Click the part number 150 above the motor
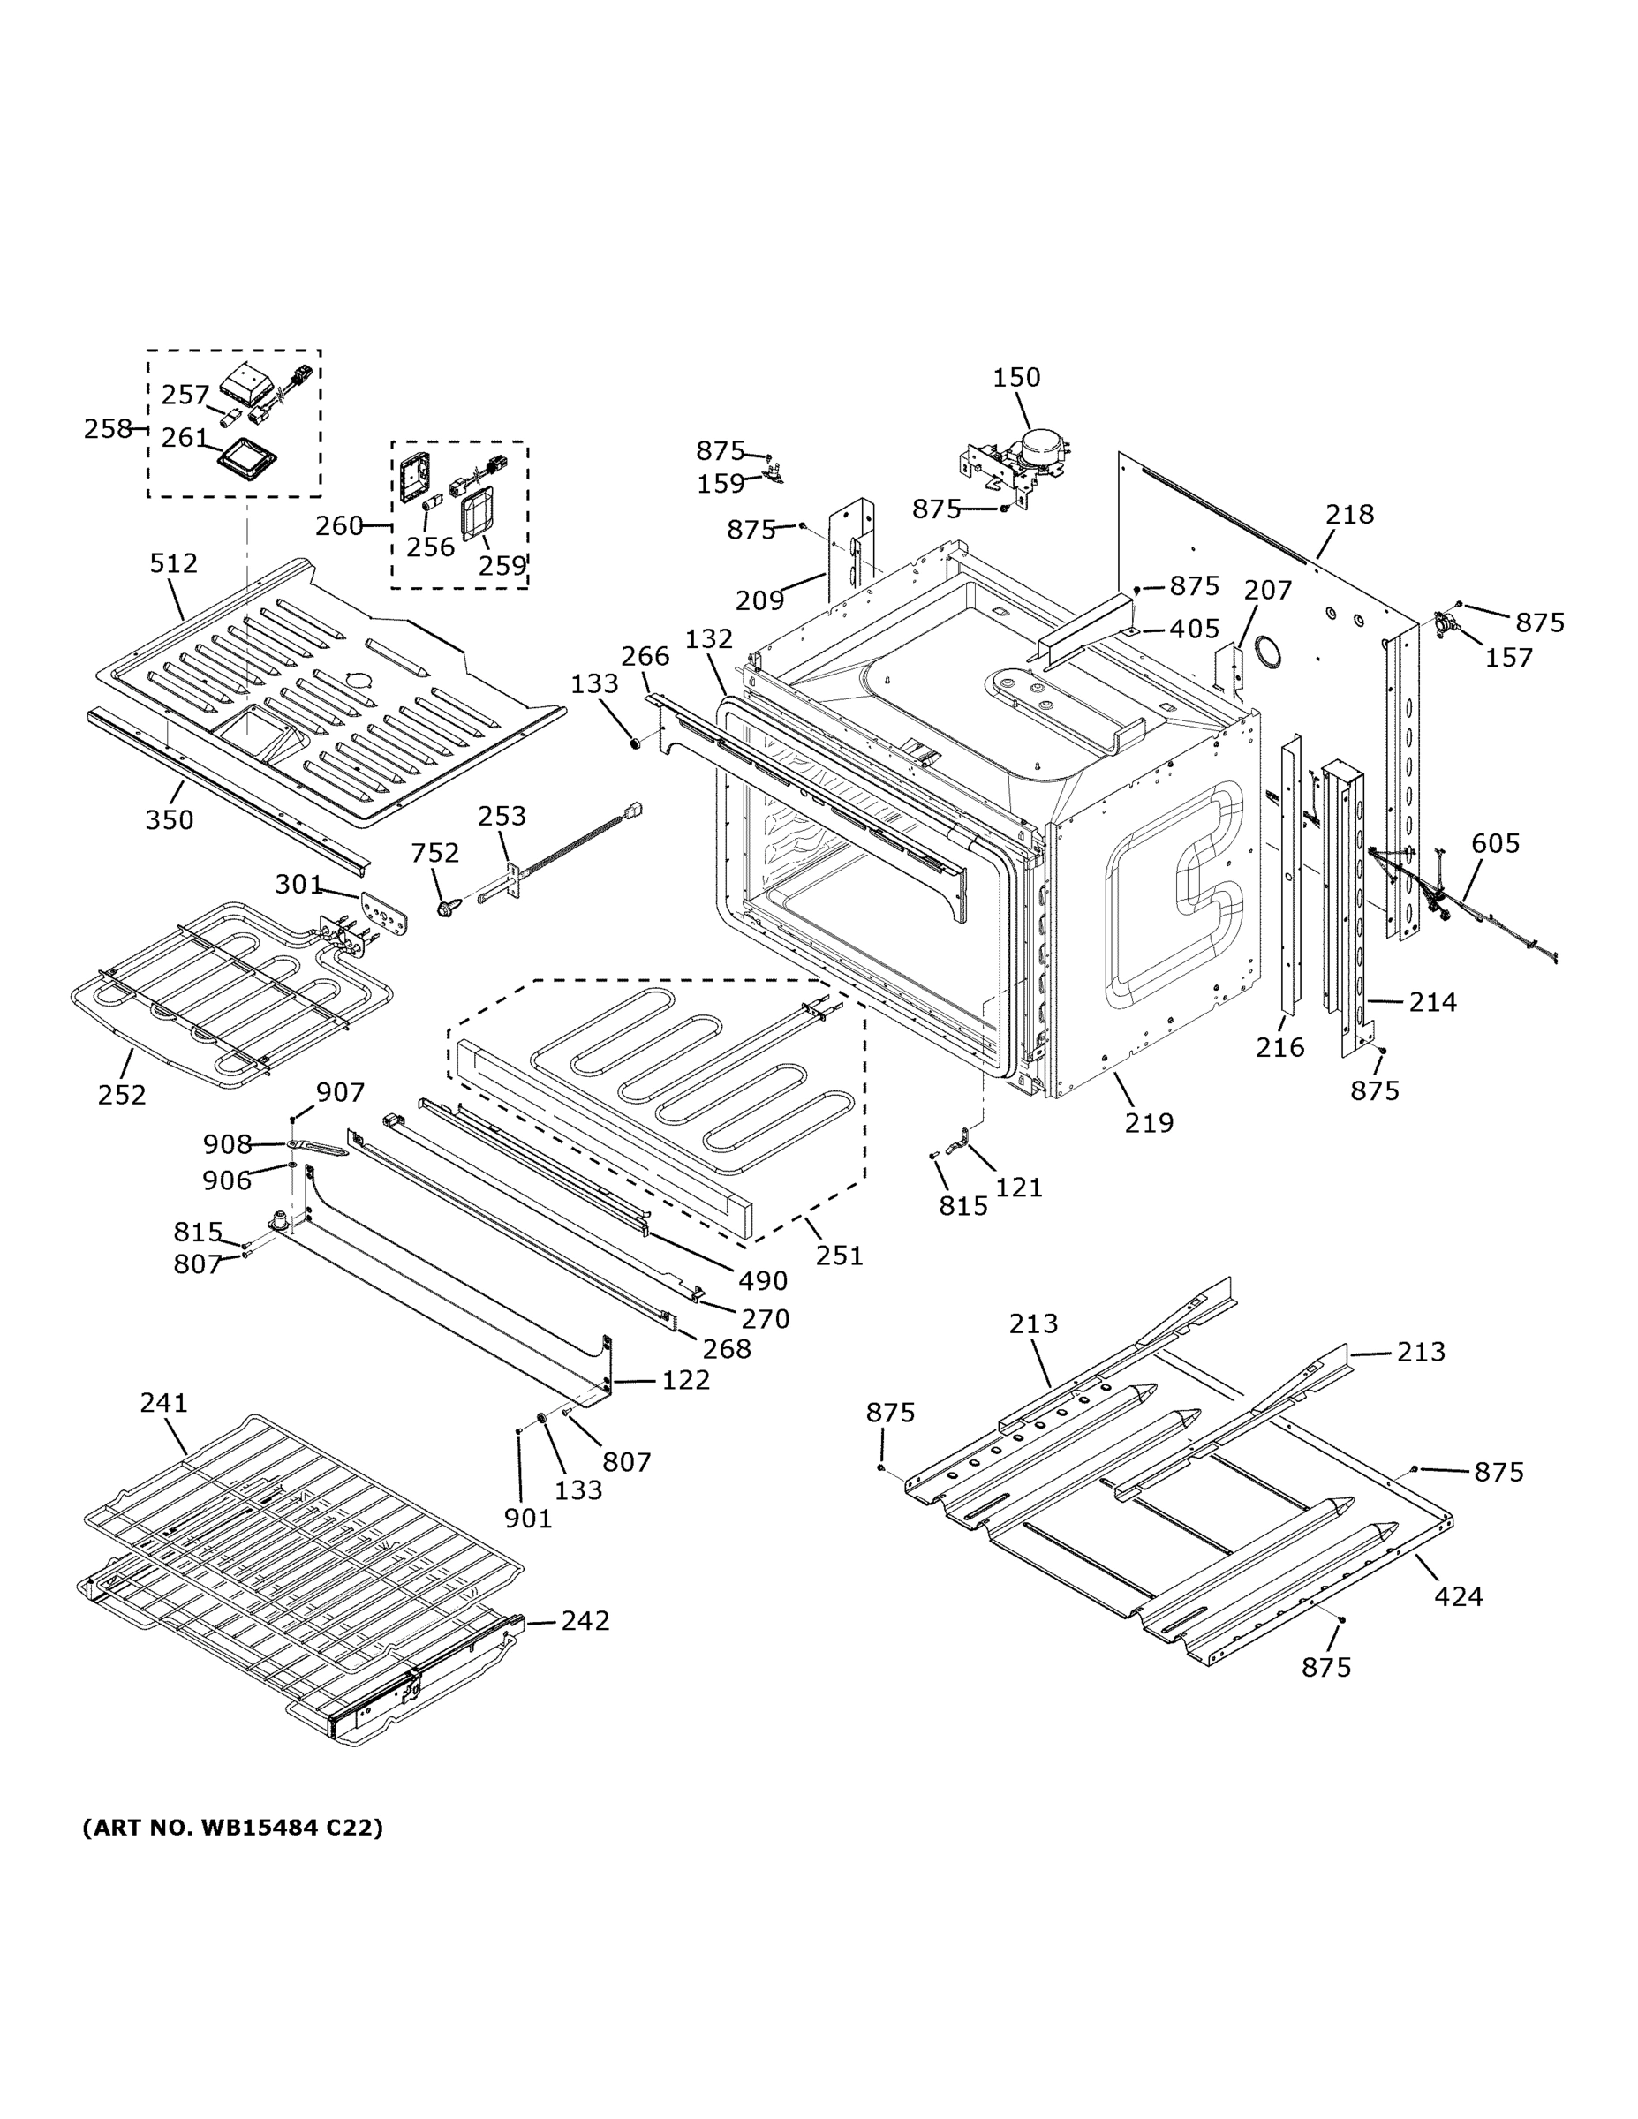pos(1016,376)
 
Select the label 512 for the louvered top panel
pos(173,562)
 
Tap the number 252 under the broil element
pos(121,1095)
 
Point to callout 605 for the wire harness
pos(1494,843)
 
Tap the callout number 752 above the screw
pos(434,853)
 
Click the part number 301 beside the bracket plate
pos(298,884)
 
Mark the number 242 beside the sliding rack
pos(585,1621)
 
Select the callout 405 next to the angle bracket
pos(1194,629)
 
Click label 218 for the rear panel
pos(1349,514)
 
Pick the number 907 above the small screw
pos(340,1092)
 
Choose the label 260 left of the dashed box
pos(339,526)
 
